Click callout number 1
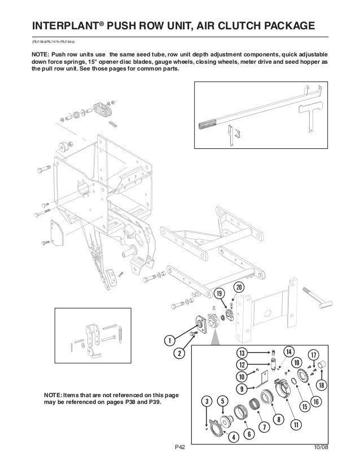tap(168, 340)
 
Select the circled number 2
tap(179, 354)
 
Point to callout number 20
tap(239, 287)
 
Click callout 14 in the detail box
tap(288, 350)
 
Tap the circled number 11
tap(295, 424)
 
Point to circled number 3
tap(208, 401)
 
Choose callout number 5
tap(222, 401)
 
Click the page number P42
tap(180, 448)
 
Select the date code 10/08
tap(321, 448)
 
